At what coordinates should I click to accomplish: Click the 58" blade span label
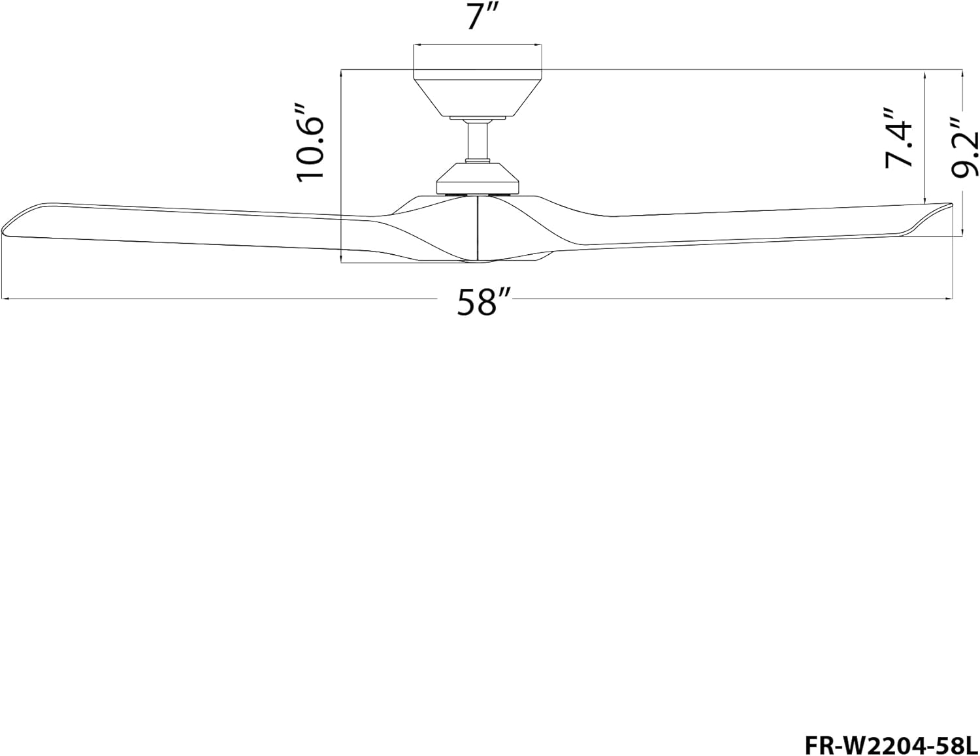(483, 302)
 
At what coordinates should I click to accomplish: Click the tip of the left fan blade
(5, 230)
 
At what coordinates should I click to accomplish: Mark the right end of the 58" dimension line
(952, 299)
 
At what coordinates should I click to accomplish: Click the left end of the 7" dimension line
(414, 45)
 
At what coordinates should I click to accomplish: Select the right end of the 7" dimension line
(542, 45)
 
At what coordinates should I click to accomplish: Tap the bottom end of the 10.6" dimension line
(342, 263)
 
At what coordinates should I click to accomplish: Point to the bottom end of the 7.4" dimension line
(926, 203)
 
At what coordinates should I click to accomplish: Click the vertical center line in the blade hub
(478, 229)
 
